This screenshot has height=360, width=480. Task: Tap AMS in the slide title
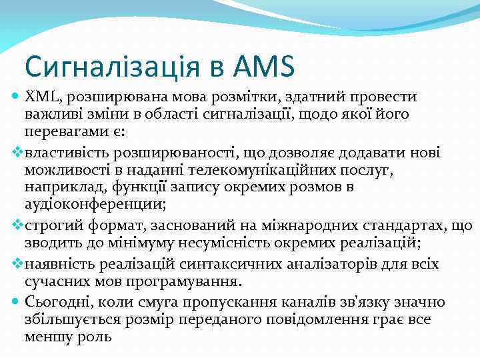[x=264, y=67]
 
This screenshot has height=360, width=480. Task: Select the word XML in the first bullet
[x=41, y=97]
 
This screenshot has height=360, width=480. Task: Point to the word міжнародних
[x=303, y=226]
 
